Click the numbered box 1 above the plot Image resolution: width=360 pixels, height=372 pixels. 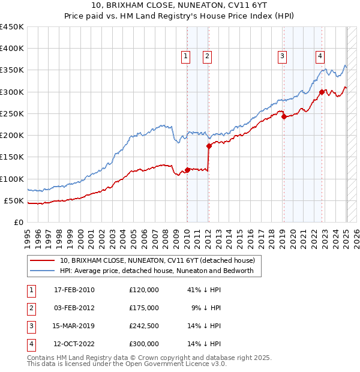(x=186, y=56)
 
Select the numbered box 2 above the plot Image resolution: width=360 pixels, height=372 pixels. (x=206, y=56)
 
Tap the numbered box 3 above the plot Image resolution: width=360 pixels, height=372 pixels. (x=282, y=56)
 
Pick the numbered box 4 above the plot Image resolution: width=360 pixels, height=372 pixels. (x=320, y=56)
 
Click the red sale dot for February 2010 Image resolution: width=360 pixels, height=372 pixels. (x=187, y=170)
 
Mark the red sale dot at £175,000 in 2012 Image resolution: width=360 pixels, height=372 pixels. (x=209, y=146)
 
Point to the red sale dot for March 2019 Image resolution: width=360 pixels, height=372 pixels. (x=284, y=117)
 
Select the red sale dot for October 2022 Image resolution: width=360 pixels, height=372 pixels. (x=322, y=92)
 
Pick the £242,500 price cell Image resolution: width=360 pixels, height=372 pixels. (x=144, y=326)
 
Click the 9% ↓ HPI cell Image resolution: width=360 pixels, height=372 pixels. (x=206, y=308)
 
